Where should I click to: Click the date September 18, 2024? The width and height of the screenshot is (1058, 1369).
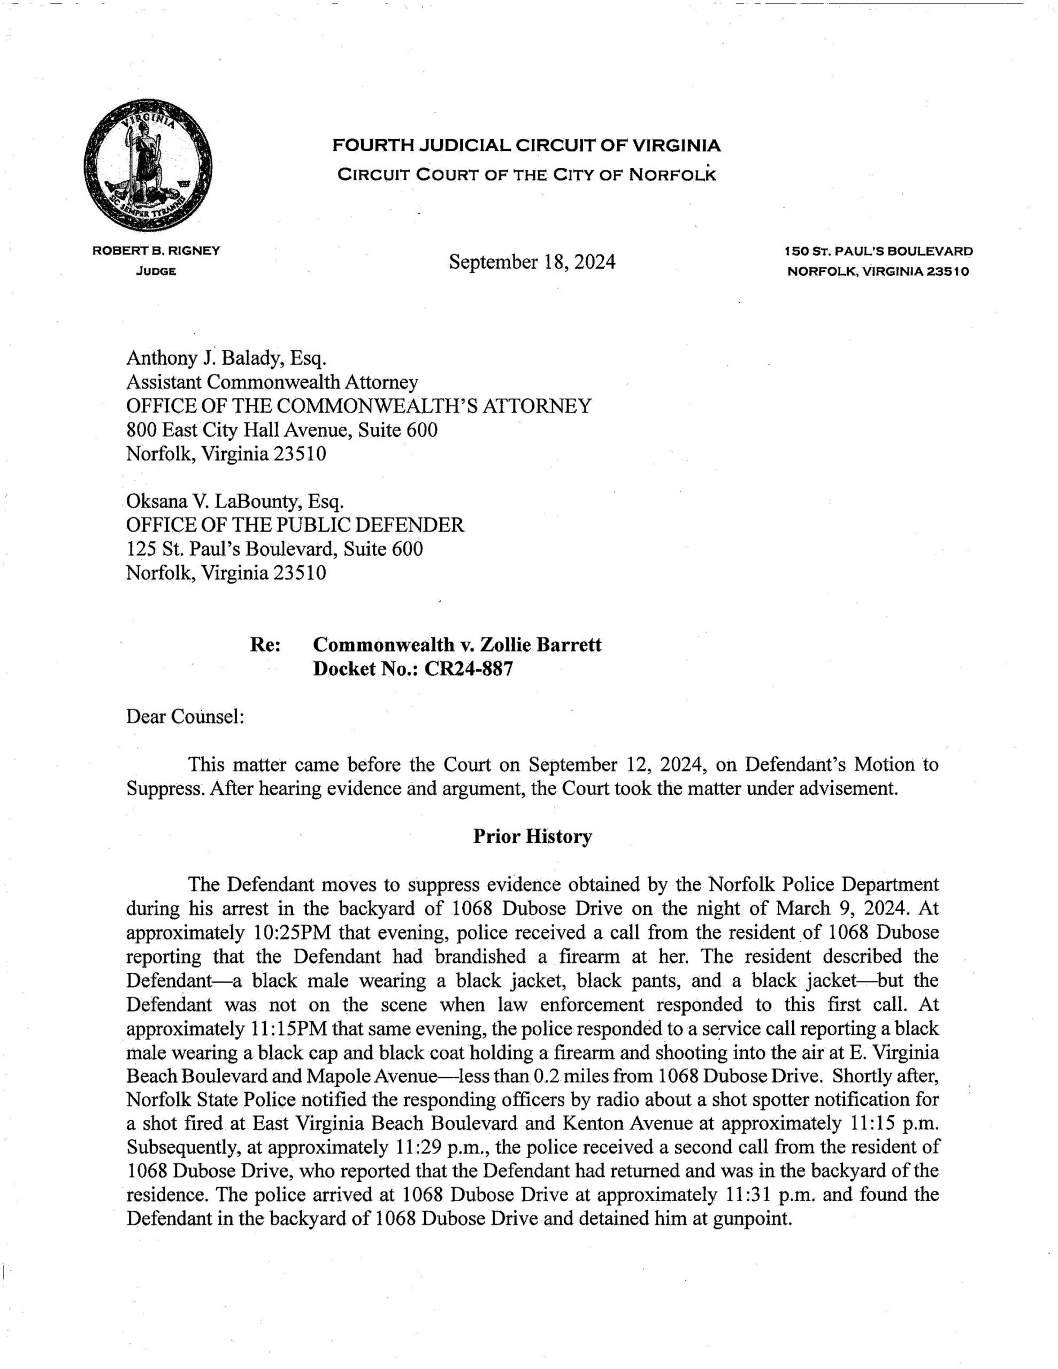point(532,262)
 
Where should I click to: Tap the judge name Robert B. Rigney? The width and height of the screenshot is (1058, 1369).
point(156,251)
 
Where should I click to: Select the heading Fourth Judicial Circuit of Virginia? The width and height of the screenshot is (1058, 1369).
point(526,146)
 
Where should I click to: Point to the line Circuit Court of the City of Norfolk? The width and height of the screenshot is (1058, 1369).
point(526,174)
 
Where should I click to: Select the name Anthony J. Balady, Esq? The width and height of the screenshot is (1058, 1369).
point(226,358)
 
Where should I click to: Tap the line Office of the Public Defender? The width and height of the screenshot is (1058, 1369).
point(295,525)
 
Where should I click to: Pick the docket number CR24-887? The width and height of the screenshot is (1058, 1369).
point(469,669)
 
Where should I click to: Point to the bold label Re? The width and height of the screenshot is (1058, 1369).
point(265,644)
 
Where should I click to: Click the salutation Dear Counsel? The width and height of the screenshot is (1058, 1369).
point(185,717)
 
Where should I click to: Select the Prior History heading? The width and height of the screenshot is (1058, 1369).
point(532,837)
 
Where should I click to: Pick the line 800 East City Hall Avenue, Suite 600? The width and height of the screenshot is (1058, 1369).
point(281,430)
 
